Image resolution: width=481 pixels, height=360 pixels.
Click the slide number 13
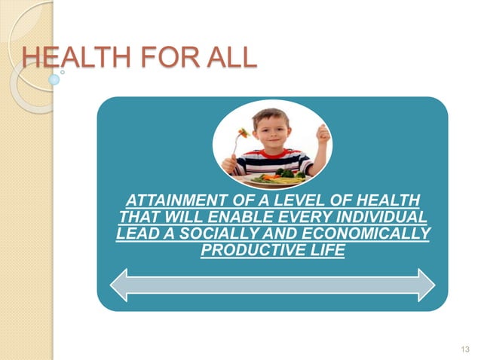point(464,348)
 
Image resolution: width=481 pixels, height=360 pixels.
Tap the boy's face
point(271,130)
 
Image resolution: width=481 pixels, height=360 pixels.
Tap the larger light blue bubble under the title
point(54,78)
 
